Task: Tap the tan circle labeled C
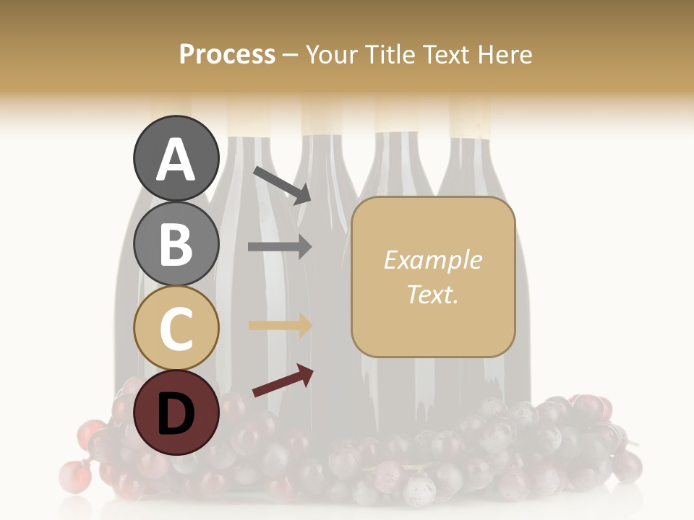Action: (176, 328)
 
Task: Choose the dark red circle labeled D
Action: (176, 412)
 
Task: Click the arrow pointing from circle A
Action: (282, 184)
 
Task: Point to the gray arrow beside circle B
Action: (280, 246)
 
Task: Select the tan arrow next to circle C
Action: (280, 325)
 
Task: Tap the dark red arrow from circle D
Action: (283, 381)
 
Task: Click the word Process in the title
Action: (227, 54)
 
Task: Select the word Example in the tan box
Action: (432, 260)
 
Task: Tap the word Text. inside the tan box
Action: (432, 294)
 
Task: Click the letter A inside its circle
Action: (176, 160)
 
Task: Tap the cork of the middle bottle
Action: (322, 116)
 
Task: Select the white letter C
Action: (176, 329)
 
